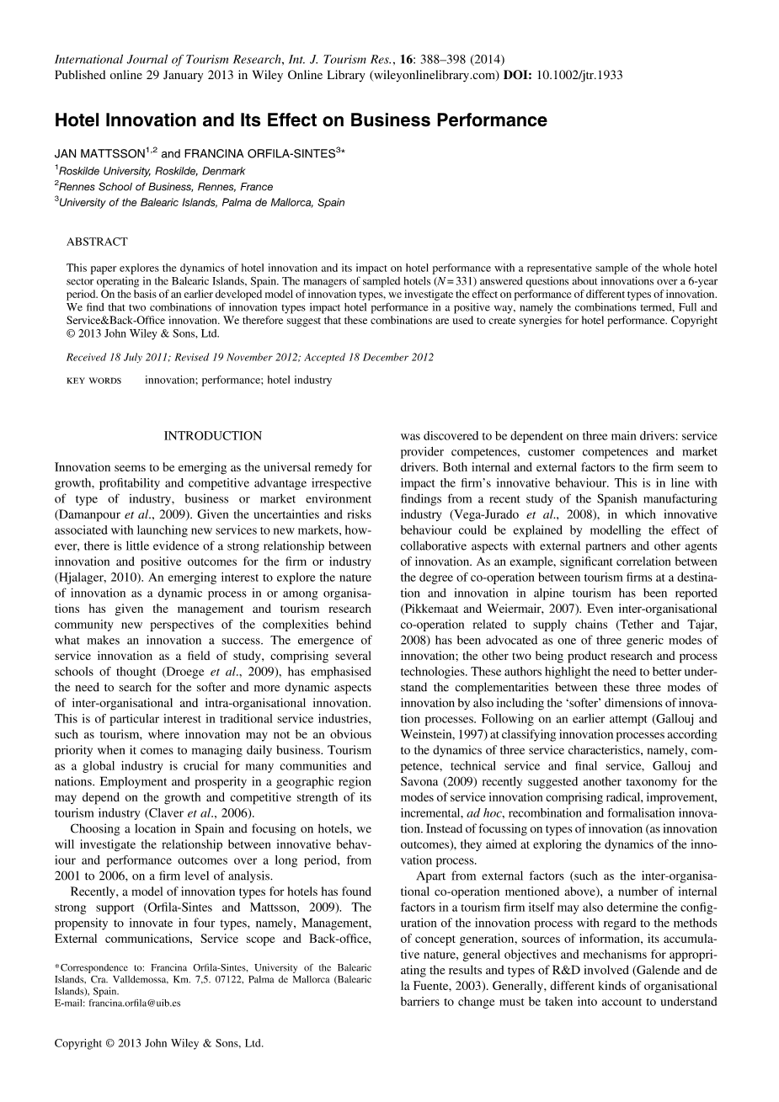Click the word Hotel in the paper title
click(78, 120)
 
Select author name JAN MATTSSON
click(100, 154)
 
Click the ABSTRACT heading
click(97, 242)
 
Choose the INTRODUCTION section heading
click(212, 436)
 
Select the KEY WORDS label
click(93, 381)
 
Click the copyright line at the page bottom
click(159, 1042)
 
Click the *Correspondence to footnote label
click(100, 968)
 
